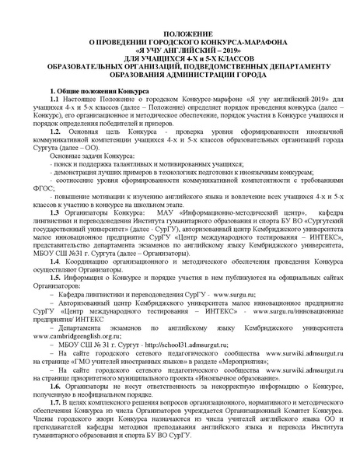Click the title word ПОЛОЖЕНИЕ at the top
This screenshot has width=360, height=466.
pyautogui.click(x=180, y=36)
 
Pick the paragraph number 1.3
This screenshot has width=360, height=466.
pyautogui.click(x=54, y=212)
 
